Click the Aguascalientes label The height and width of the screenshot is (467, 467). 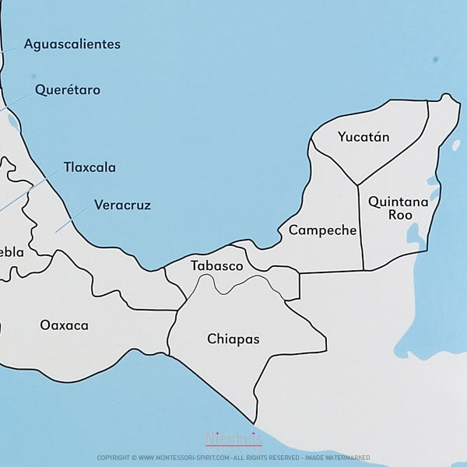(x=72, y=44)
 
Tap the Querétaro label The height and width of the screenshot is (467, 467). (x=68, y=90)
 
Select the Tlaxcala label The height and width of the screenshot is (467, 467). (x=90, y=167)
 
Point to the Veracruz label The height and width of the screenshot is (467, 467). (x=122, y=205)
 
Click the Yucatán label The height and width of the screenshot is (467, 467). (x=363, y=138)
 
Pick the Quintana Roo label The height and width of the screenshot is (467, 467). (x=399, y=208)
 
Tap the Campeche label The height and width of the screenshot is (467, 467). (x=322, y=230)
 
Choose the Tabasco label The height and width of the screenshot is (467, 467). (x=217, y=266)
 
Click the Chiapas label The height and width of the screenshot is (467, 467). (x=233, y=339)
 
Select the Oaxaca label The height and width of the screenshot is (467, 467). (x=65, y=325)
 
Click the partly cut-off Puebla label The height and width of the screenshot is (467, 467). (x=12, y=252)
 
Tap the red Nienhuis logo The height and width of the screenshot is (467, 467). (x=233, y=440)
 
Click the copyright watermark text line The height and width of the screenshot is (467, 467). (x=233, y=458)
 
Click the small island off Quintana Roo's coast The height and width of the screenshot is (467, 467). (x=456, y=145)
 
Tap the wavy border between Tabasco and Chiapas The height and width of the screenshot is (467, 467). (x=233, y=285)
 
